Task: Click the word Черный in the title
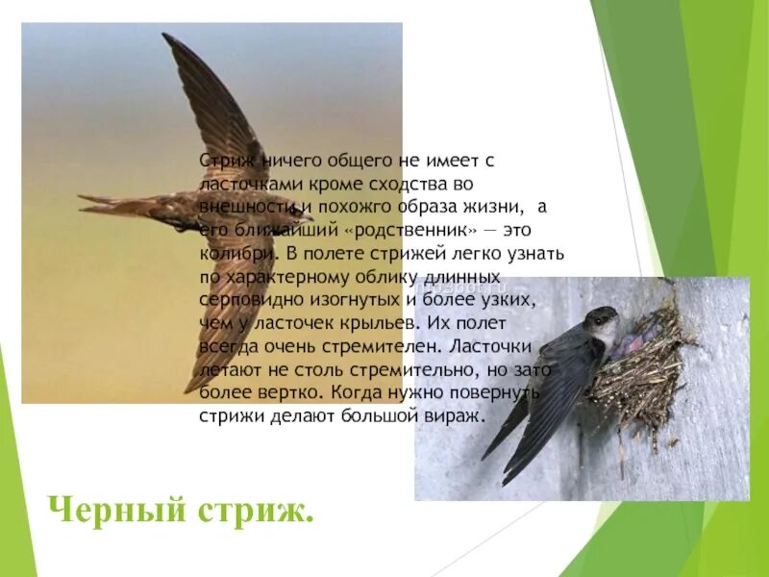click(103, 510)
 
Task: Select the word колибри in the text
click(232, 255)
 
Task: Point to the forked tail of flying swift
click(91, 204)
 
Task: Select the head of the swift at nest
click(602, 320)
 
